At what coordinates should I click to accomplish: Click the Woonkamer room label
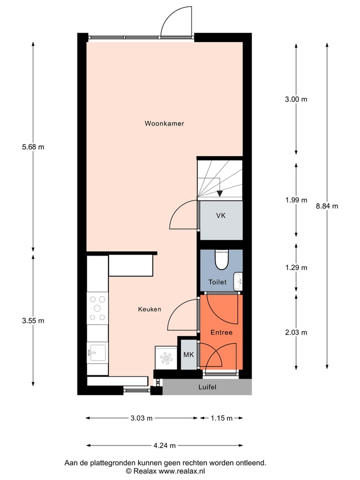coord(164,123)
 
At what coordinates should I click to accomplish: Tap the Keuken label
coord(149,309)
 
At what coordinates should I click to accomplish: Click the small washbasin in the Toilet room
coord(238,280)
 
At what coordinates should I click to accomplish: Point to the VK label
coord(220,215)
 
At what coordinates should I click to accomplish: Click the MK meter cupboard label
coord(188,355)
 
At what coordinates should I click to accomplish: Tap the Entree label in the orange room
coord(221,332)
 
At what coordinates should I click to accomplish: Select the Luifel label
coord(207,387)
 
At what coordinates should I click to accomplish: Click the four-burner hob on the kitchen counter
coord(97,308)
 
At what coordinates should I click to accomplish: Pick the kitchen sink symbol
coord(97,352)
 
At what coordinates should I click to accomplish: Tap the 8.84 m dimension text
coord(327,206)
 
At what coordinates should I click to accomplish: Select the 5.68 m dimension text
coord(33,147)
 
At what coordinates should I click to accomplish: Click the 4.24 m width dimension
coord(164,445)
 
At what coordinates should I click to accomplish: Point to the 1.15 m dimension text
coord(221,418)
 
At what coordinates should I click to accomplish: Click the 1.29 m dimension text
coord(296,267)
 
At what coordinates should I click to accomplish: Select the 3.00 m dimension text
coord(296,99)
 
